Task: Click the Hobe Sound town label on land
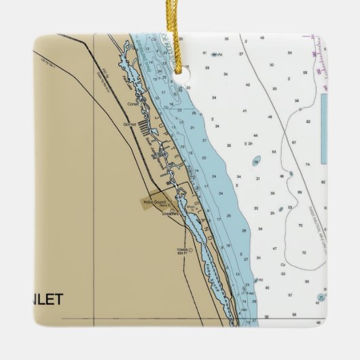pyautogui.click(x=154, y=202)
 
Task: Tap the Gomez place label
pyautogui.click(x=130, y=124)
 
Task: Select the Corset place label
pyautogui.click(x=133, y=104)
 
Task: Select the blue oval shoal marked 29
pyautogui.click(x=256, y=161)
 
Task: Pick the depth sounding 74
pyautogui.click(x=307, y=164)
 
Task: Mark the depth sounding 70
pyautogui.click(x=300, y=225)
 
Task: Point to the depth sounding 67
pyautogui.click(x=293, y=143)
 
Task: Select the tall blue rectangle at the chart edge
pyautogui.click(x=323, y=129)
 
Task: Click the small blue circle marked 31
pyautogui.click(x=278, y=210)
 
